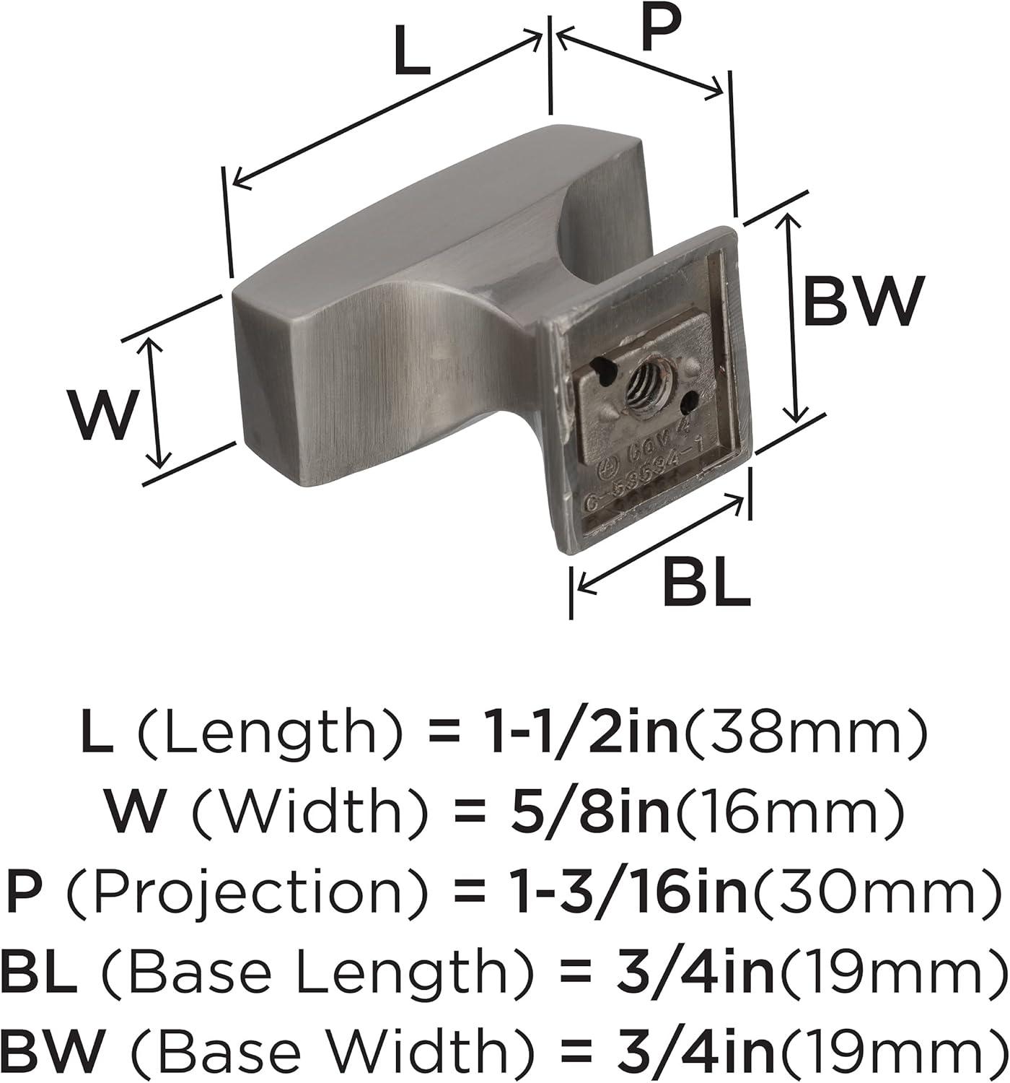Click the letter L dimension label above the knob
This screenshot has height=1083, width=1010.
[412, 52]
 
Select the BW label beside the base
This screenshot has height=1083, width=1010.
[863, 302]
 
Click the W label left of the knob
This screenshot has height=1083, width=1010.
[102, 414]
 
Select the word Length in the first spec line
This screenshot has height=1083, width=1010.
[263, 734]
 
